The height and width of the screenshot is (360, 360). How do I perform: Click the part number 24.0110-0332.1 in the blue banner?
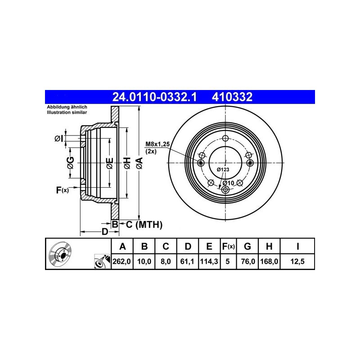154,97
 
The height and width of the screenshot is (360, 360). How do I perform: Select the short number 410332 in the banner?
232,97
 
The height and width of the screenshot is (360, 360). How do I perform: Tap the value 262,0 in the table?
121,261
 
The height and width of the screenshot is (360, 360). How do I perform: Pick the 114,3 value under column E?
209,261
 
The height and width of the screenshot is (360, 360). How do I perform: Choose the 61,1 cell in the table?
187,261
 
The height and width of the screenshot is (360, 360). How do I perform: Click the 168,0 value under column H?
269,261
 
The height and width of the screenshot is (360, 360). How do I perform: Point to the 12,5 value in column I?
297,261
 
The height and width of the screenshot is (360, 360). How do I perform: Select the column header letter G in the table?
247,246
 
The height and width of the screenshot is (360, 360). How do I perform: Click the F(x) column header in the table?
228,246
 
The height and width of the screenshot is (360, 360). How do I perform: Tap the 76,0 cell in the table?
248,261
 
